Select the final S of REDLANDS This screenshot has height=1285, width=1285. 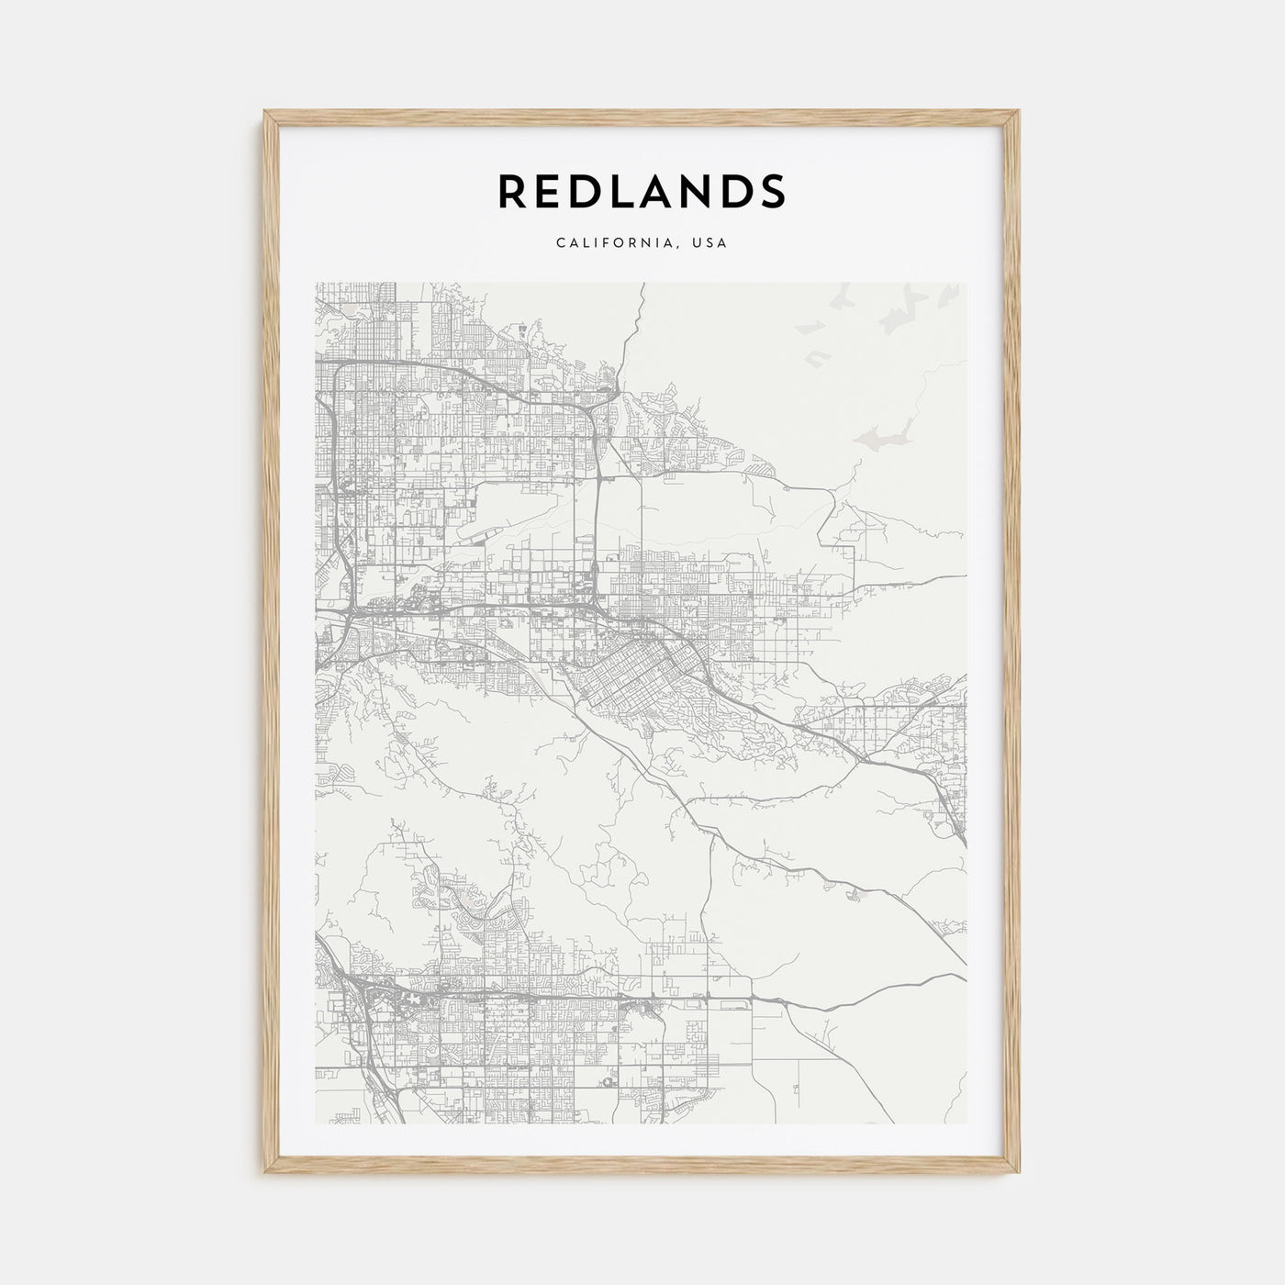pos(772,191)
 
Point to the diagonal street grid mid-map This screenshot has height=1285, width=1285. pos(633,670)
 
